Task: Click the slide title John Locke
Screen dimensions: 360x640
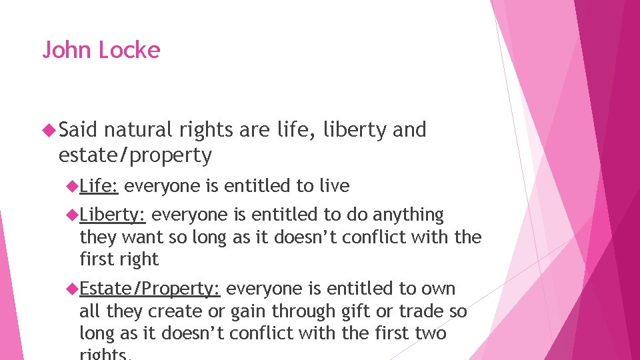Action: click(101, 51)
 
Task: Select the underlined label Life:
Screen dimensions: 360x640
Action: click(99, 186)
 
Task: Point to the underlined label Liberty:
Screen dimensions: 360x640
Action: click(112, 215)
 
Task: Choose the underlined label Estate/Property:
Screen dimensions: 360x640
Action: click(149, 289)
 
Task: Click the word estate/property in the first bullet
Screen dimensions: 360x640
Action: click(135, 155)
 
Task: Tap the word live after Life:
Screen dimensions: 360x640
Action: click(334, 186)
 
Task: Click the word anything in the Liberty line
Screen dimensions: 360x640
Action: click(408, 215)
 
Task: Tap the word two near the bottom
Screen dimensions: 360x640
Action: click(431, 333)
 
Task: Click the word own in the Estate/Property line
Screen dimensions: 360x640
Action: click(438, 289)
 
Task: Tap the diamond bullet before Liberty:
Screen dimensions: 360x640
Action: click(72, 215)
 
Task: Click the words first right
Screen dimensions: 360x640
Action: click(119, 259)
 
